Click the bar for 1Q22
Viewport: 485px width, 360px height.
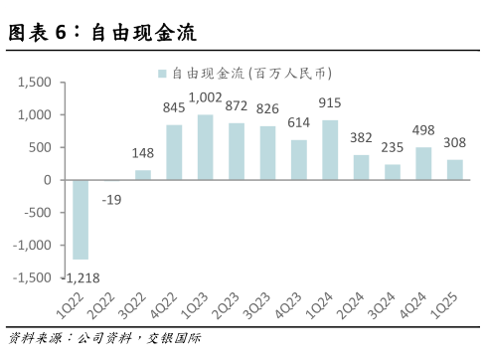click(x=81, y=219)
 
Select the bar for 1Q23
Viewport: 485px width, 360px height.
click(x=206, y=147)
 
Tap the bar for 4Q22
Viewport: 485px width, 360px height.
click(x=174, y=152)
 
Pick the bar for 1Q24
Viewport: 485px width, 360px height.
click(x=330, y=150)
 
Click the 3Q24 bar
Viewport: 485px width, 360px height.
click(x=393, y=172)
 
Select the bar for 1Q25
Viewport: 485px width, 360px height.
click(x=454, y=170)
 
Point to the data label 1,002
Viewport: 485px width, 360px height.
click(x=206, y=97)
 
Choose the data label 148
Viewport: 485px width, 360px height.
click(x=143, y=153)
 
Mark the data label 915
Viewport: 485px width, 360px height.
click(x=330, y=103)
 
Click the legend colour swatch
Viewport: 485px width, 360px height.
click(x=161, y=73)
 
